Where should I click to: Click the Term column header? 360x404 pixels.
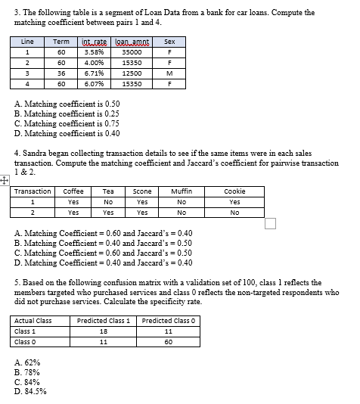[62, 42]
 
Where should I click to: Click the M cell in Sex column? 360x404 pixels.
[169, 73]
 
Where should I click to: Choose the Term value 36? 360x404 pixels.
[62, 73]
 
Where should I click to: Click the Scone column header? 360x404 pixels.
[142, 191]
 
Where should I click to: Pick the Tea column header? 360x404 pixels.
[107, 191]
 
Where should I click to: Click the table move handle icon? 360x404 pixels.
[5, 180]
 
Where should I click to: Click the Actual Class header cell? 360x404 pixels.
[34, 321]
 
